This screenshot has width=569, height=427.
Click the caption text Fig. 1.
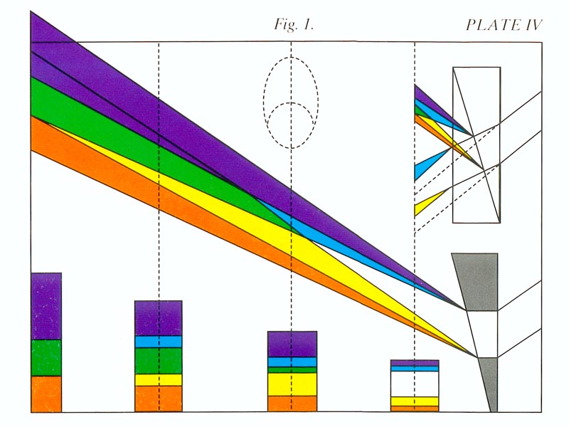point(294,25)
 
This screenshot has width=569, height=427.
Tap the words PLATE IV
point(504,25)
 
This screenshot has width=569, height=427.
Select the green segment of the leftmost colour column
point(46,358)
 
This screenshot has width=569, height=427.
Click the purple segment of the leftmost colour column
point(46,306)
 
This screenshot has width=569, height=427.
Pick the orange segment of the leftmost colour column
point(46,394)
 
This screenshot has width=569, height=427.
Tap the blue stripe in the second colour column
point(158,342)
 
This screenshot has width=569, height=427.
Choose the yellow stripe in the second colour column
point(158,380)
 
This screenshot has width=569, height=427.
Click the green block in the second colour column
point(158,361)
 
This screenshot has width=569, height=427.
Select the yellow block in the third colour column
point(292,384)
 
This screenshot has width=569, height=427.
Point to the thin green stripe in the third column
point(292,370)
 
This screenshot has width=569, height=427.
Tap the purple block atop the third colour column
point(292,344)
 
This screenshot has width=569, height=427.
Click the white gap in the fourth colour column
point(415,384)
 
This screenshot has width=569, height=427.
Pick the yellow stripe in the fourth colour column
point(415,401)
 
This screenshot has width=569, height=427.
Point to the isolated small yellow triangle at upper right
point(426,204)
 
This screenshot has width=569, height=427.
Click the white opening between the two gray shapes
point(483,334)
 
